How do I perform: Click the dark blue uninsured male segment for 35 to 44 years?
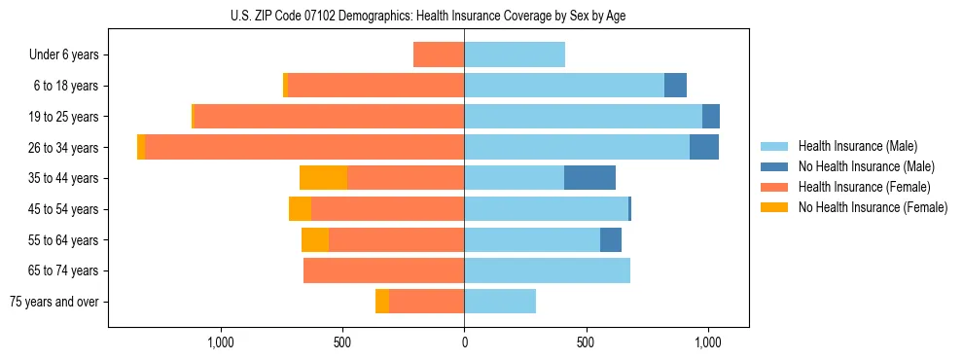589,178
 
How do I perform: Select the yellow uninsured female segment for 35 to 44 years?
323,178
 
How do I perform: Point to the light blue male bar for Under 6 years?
515,54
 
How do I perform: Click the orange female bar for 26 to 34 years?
303,147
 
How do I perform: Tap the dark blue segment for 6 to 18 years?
675,86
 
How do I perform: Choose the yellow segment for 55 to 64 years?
315,239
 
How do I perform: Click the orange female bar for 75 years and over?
426,302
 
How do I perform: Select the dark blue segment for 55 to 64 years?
611,239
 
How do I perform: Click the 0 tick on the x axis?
464,342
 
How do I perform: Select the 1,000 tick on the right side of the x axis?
707,342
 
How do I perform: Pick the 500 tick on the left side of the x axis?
341,342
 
